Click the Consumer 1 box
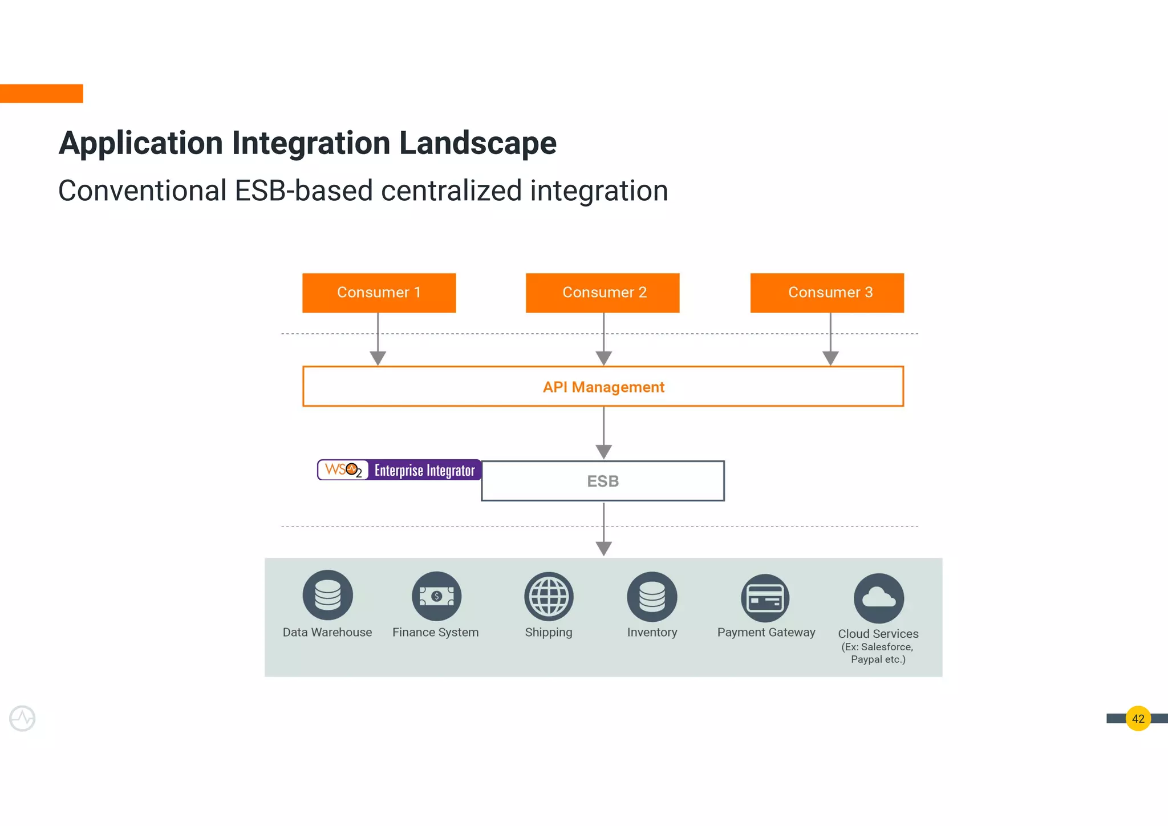pyautogui.click(x=379, y=293)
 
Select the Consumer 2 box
pyautogui.click(x=602, y=293)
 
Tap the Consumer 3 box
pyautogui.click(x=827, y=293)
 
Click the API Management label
pyautogui.click(x=603, y=387)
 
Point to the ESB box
pyautogui.click(x=603, y=481)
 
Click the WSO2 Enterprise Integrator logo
pyautogui.click(x=399, y=470)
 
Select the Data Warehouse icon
pyautogui.click(x=327, y=595)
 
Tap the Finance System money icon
pyautogui.click(x=436, y=596)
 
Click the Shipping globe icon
pyautogui.click(x=549, y=596)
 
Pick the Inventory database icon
pyautogui.click(x=652, y=596)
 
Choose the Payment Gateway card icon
pyautogui.click(x=765, y=598)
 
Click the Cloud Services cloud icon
pyautogui.click(x=878, y=598)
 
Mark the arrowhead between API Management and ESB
pyautogui.click(x=603, y=452)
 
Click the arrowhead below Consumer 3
pyautogui.click(x=830, y=358)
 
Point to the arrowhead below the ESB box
pyautogui.click(x=603, y=548)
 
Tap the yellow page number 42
pyautogui.click(x=1138, y=718)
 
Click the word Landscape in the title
pyautogui.click(x=477, y=143)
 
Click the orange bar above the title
pyautogui.click(x=41, y=94)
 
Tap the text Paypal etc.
pyautogui.click(x=878, y=659)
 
